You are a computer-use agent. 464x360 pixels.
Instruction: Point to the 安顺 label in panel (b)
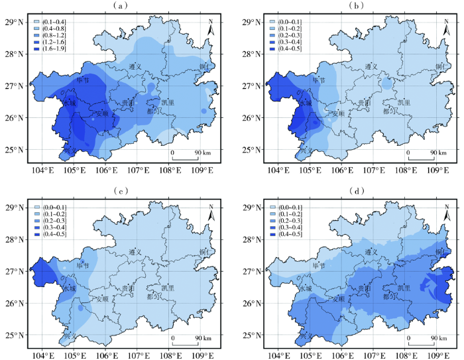(337, 113)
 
